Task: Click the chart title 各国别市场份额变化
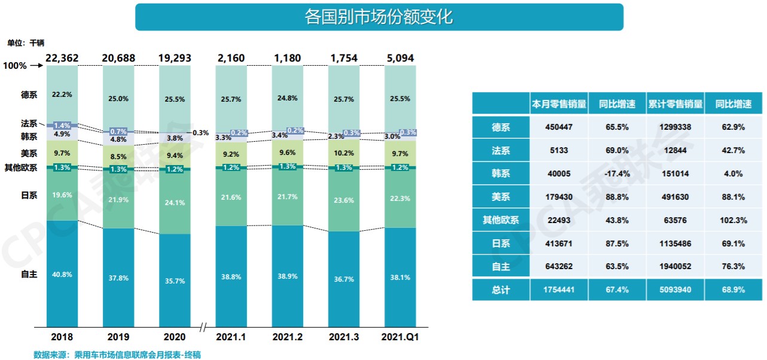tap(379, 17)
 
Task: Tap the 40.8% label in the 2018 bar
tap(62, 274)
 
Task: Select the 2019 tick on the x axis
tap(118, 337)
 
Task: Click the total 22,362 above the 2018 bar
tap(62, 58)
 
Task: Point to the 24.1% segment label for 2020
tap(175, 203)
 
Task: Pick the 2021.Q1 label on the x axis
tap(400, 337)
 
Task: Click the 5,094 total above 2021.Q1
tap(400, 58)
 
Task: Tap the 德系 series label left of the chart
tap(28, 94)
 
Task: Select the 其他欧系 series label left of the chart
tap(21, 167)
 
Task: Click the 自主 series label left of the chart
tap(28, 274)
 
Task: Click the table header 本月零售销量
tap(558, 103)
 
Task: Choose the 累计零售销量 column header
tap(675, 103)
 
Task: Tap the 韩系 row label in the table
tap(500, 173)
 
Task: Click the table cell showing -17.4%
tap(616, 173)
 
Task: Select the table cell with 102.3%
tap(734, 220)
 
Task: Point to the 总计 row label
tap(500, 289)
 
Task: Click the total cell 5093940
tap(675, 289)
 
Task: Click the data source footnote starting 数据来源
tap(117, 355)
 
